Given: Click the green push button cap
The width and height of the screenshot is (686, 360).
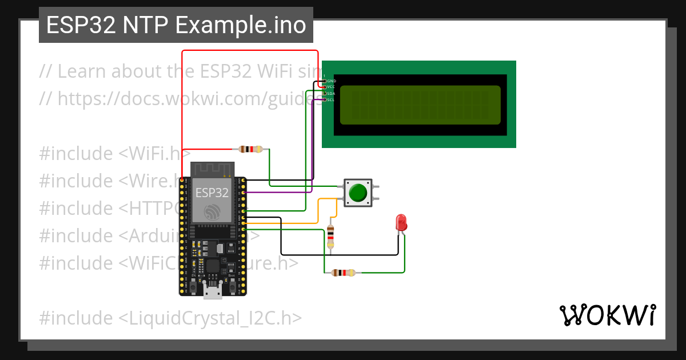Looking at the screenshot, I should tap(358, 193).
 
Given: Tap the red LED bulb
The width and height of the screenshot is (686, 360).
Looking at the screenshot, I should tap(401, 222).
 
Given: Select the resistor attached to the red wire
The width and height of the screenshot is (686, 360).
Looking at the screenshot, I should tap(251, 149).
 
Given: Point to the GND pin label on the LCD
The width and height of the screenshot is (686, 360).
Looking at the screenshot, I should tap(331, 81).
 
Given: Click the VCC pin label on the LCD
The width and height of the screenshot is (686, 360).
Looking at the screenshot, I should tap(331, 87).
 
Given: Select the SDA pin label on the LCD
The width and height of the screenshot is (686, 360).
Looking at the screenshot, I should tap(331, 93).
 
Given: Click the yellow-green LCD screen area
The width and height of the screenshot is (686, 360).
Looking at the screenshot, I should tap(420, 105).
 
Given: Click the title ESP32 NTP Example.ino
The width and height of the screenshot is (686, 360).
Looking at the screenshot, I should tap(176, 25).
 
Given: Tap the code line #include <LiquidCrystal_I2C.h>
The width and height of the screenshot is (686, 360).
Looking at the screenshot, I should tap(170, 318).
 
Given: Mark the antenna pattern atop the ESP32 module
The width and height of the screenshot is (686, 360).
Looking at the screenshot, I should tap(213, 169).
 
